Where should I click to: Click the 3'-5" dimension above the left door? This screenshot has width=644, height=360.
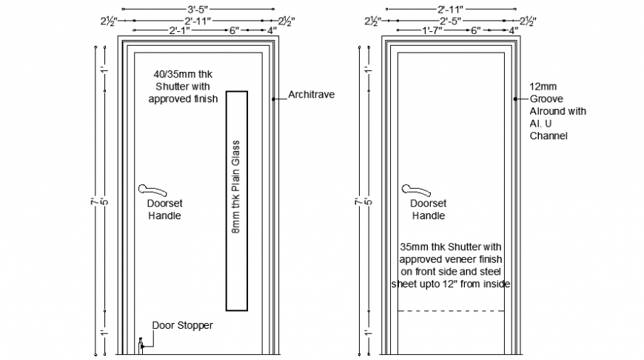(x=197, y=10)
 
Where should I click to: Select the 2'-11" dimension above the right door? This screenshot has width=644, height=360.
(x=449, y=10)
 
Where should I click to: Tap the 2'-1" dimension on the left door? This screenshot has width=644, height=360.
(x=182, y=30)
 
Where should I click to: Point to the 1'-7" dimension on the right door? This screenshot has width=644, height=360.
(x=435, y=30)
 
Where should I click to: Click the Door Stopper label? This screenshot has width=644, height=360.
(x=182, y=325)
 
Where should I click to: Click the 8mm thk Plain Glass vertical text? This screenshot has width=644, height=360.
(x=237, y=187)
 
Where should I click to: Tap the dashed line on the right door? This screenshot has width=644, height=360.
(x=452, y=311)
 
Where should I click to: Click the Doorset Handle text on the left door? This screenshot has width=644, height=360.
(x=164, y=210)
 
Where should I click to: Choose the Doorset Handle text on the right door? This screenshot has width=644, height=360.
(x=428, y=210)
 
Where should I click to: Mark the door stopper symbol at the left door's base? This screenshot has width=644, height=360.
(x=140, y=344)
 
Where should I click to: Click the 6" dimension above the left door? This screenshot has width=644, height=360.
(x=234, y=30)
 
